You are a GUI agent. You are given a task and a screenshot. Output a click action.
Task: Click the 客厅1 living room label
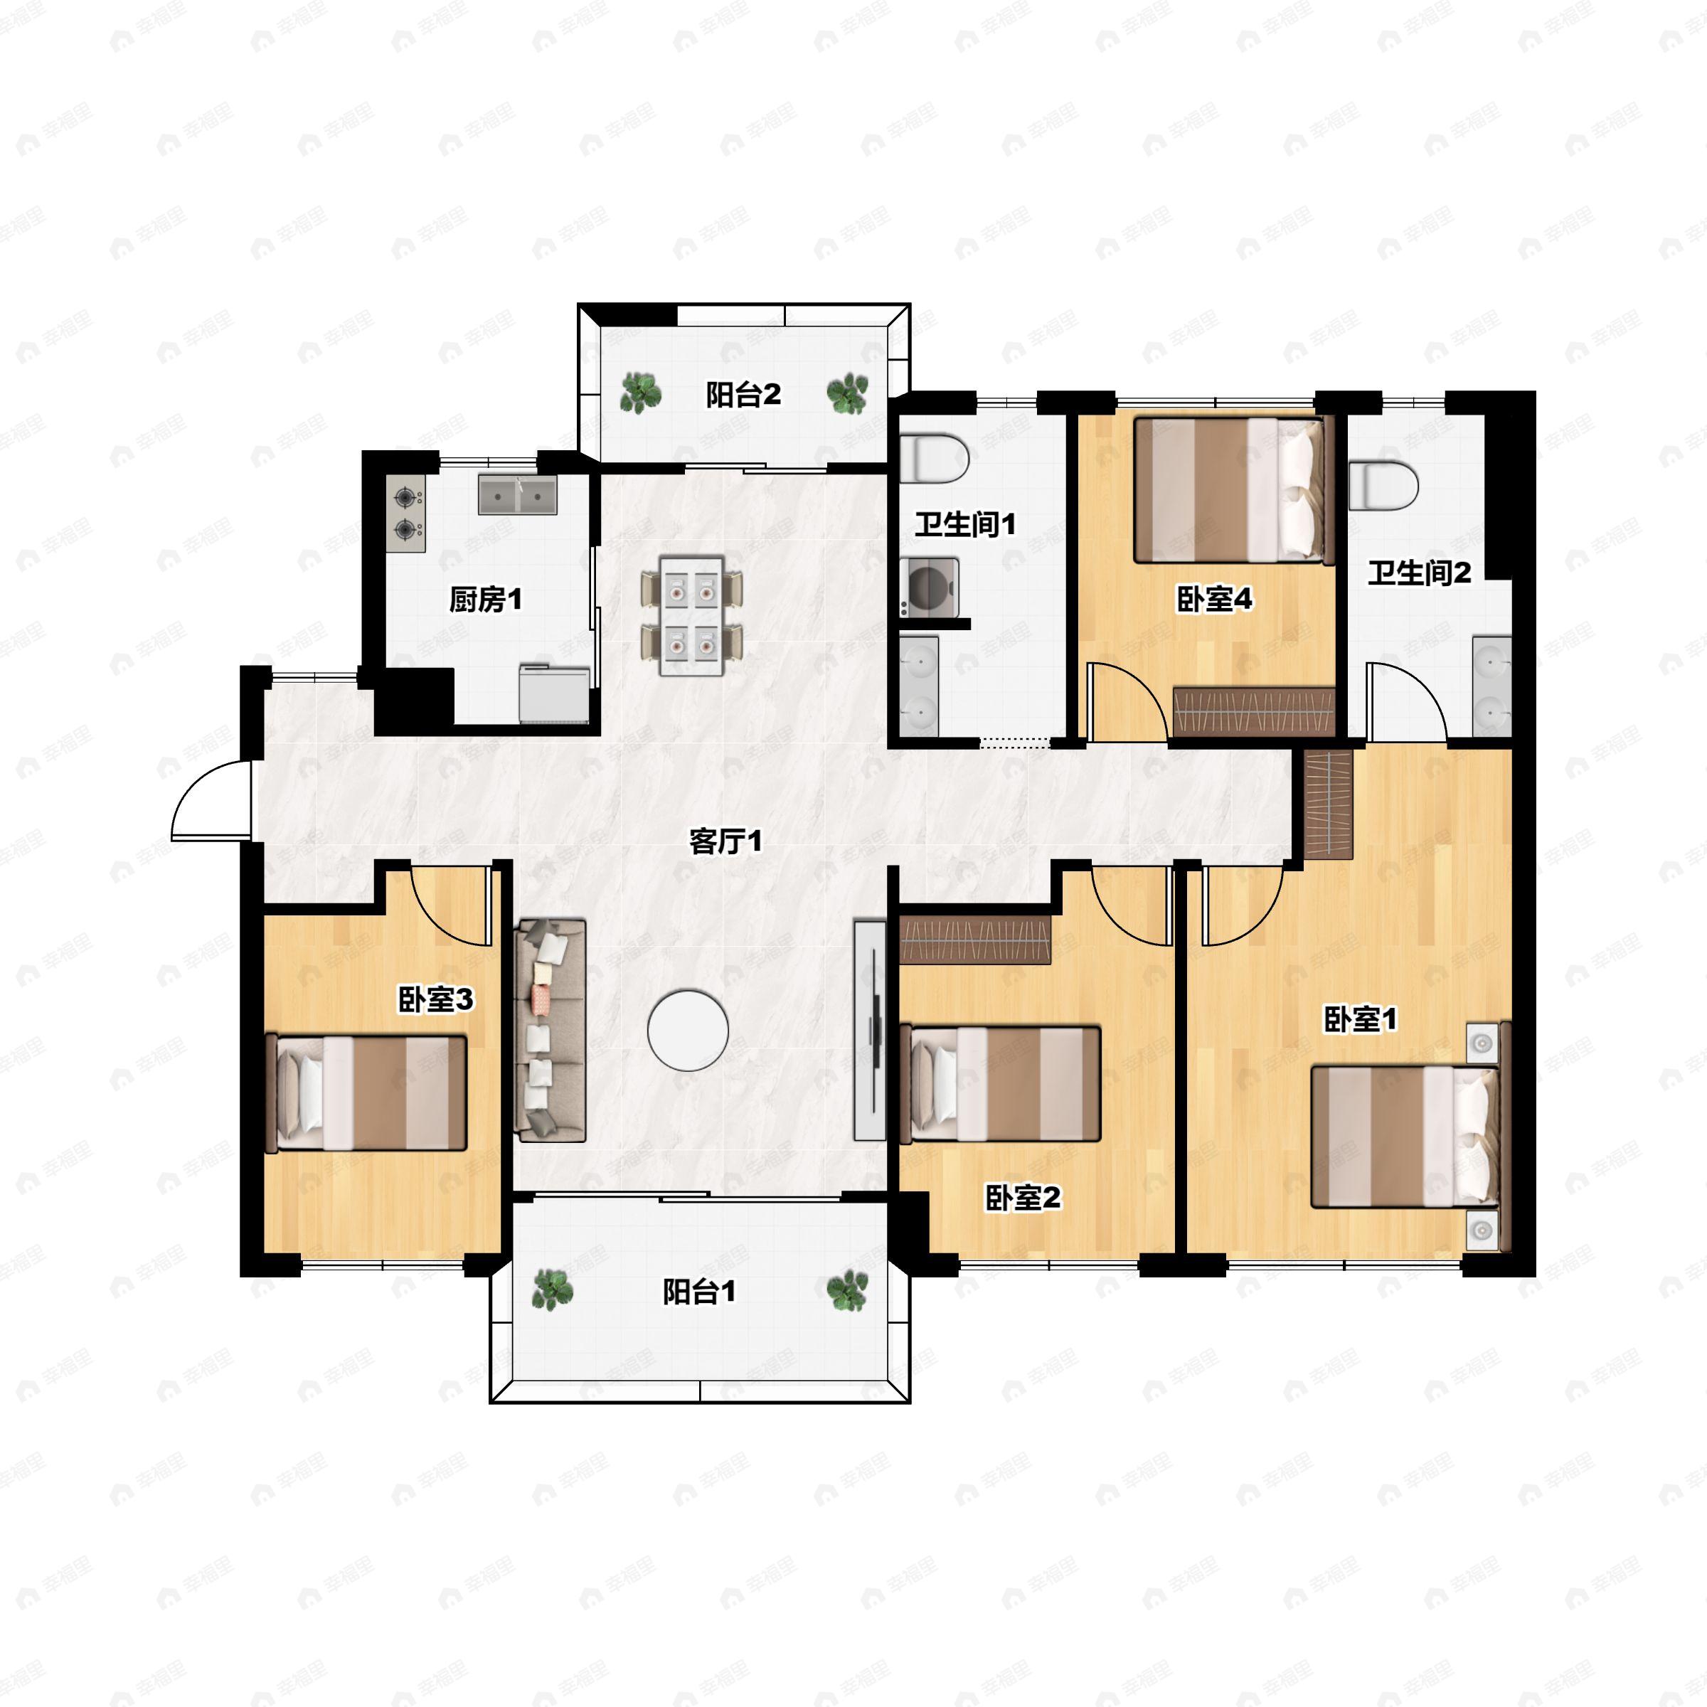pyautogui.click(x=725, y=841)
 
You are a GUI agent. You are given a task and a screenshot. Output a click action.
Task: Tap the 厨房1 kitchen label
pyautogui.click(x=485, y=600)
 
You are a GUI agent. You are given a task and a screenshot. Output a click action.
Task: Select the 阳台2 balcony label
pyautogui.click(x=743, y=395)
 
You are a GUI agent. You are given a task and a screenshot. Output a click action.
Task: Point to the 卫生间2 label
pyautogui.click(x=1419, y=573)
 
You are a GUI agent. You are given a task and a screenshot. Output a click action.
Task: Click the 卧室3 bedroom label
pyautogui.click(x=435, y=999)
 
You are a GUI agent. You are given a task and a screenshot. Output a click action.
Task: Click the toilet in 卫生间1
pyautogui.click(x=934, y=457)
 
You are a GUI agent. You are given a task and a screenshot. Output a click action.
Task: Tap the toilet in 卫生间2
pyautogui.click(x=1383, y=485)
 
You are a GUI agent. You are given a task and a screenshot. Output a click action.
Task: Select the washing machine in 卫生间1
pyautogui.click(x=930, y=586)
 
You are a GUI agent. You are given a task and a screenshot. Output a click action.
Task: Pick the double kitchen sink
pyautogui.click(x=518, y=495)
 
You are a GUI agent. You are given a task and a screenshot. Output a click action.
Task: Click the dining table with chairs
pyautogui.click(x=692, y=615)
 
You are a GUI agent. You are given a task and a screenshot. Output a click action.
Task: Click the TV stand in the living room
pyautogui.click(x=869, y=1030)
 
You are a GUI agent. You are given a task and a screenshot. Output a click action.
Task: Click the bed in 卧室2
pyautogui.click(x=1000, y=1084)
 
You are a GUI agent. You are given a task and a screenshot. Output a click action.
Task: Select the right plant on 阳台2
pyautogui.click(x=847, y=393)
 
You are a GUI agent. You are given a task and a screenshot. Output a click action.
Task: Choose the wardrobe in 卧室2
pyautogui.click(x=975, y=939)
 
